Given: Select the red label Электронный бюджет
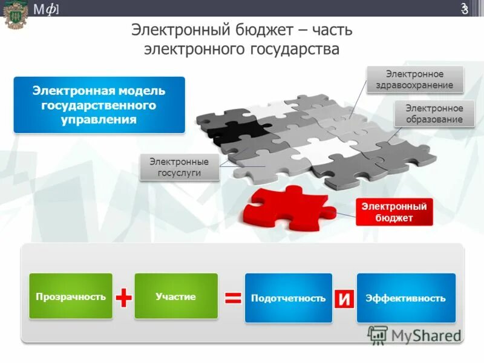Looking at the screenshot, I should click(x=394, y=212).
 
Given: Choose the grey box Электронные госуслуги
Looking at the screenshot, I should click(x=179, y=168).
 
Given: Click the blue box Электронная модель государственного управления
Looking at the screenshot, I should click(x=99, y=105).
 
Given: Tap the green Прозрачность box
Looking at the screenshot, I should click(x=71, y=296).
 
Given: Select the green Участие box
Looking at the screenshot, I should click(x=175, y=296).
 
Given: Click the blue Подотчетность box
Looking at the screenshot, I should click(x=288, y=298).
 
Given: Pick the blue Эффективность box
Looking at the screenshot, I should click(x=406, y=298).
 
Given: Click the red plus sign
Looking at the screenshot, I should click(x=123, y=297).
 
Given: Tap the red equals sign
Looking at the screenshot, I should click(x=233, y=297).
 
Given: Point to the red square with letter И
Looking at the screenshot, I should click(x=344, y=298).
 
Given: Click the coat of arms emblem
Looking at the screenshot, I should click(x=15, y=13).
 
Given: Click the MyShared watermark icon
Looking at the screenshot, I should click(x=378, y=335).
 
